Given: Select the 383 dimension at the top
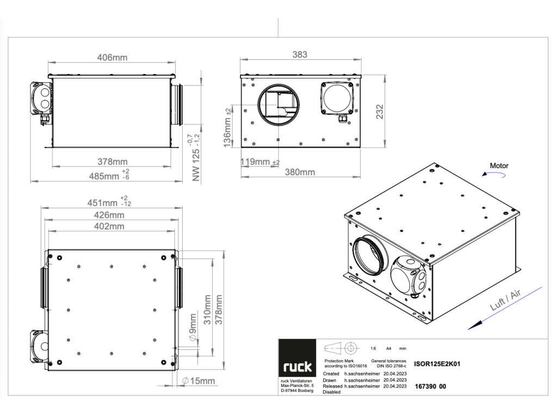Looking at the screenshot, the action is pos(300,54).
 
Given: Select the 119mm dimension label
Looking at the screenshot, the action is pos(256,162).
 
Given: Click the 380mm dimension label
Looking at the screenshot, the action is pos(300,173).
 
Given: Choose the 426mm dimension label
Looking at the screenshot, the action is pos(112,215).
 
